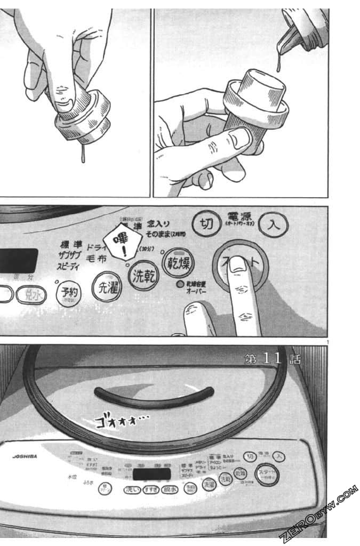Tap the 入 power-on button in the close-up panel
tap(274, 224)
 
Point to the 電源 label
tap(239, 217)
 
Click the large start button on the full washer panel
tap(267, 475)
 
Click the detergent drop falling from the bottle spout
tap(278, 65)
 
